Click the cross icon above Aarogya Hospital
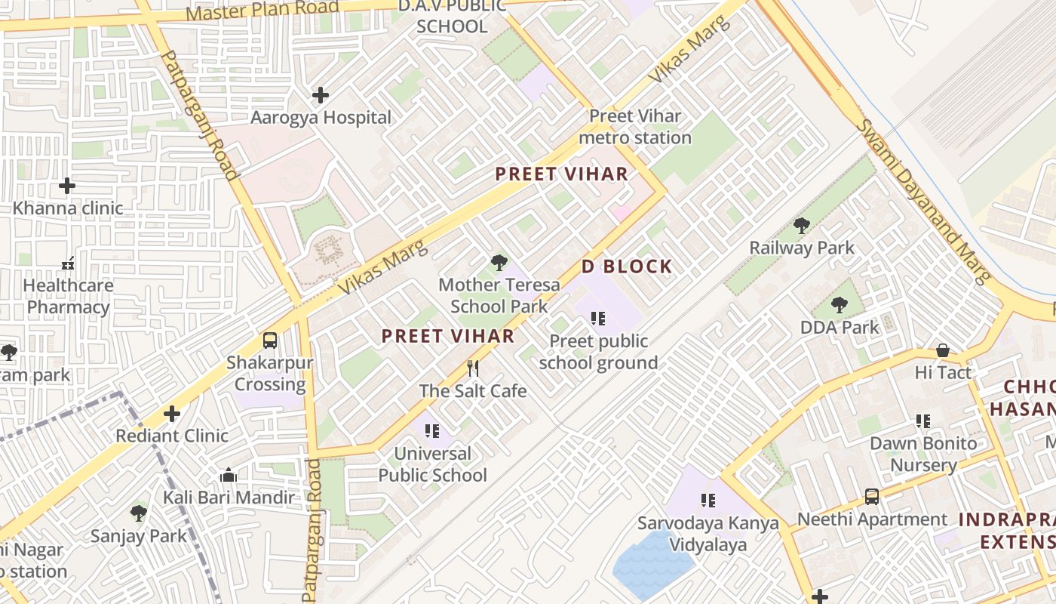point(321,95)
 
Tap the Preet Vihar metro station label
point(635,127)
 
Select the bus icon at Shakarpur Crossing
point(270,341)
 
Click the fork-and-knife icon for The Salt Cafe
point(473,368)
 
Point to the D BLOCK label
point(626,267)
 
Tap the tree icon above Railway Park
point(802,225)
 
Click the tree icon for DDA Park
point(840,305)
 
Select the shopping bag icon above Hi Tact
point(943,350)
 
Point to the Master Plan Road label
point(262,11)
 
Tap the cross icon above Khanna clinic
point(67,185)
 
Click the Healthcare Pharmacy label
point(68,297)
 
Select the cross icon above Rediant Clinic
point(172,414)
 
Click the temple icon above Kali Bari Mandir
point(229,476)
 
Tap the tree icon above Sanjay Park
point(138,513)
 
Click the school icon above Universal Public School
point(432,431)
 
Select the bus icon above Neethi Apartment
point(872,497)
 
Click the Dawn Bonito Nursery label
point(923,454)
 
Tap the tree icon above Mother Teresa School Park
point(499,263)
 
